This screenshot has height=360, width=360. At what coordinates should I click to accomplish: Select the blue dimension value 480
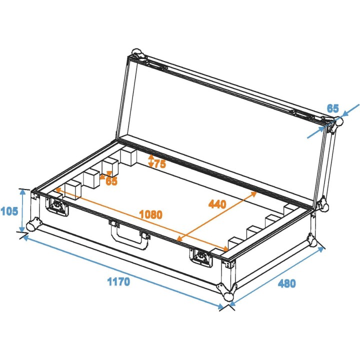tap(287, 283)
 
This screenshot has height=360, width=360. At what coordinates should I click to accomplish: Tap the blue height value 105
tap(9, 211)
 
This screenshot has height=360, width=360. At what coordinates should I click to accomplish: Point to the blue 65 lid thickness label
tap(333, 107)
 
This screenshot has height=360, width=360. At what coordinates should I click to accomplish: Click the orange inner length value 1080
tap(150, 214)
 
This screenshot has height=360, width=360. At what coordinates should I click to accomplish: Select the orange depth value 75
tap(160, 163)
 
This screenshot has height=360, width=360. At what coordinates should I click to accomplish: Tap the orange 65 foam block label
tap(111, 181)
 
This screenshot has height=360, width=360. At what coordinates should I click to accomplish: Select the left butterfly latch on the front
tap(57, 206)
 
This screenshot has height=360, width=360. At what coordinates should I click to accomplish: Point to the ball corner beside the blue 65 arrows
tap(338, 121)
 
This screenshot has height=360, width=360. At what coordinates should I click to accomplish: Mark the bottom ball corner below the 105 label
tap(33, 226)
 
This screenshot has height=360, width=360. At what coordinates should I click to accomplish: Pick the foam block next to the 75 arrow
tap(128, 156)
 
